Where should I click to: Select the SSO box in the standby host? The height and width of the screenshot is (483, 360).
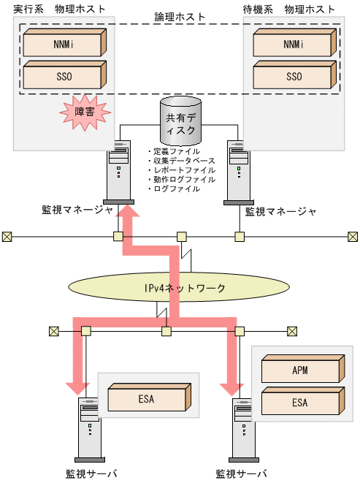[x=294, y=75]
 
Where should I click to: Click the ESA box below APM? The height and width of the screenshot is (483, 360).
[x=299, y=402]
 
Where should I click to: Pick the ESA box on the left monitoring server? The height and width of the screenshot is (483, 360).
[x=146, y=399]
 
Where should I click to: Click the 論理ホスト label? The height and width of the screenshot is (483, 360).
[x=180, y=15]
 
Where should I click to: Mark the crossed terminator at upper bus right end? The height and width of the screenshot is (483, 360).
[x=353, y=236]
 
